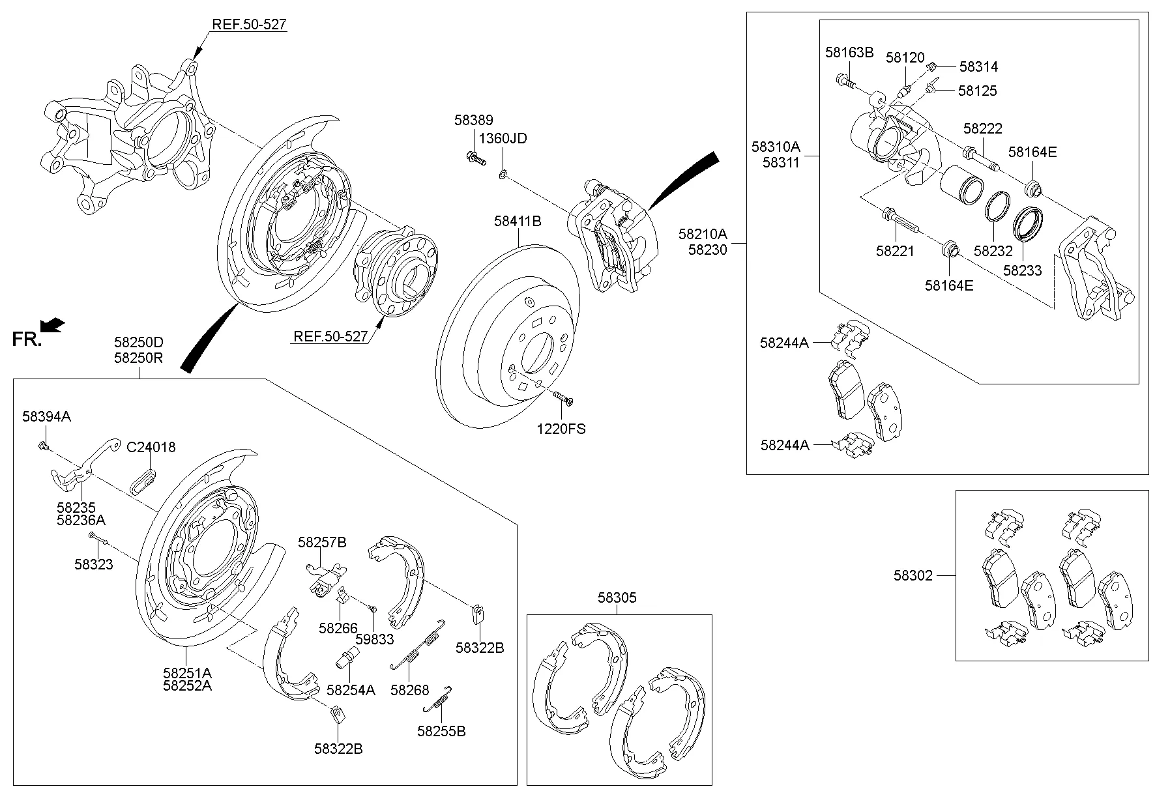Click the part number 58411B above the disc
click(517, 222)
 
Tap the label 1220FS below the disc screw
click(561, 429)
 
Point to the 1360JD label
click(503, 139)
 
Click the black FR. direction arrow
click(52, 324)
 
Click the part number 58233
click(1022, 270)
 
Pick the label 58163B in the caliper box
click(849, 53)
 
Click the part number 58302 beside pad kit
click(913, 575)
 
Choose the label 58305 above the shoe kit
click(617, 597)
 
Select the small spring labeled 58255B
click(439, 700)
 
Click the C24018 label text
click(151, 448)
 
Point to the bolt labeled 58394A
click(42, 446)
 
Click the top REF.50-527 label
click(249, 25)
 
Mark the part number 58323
click(93, 564)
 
